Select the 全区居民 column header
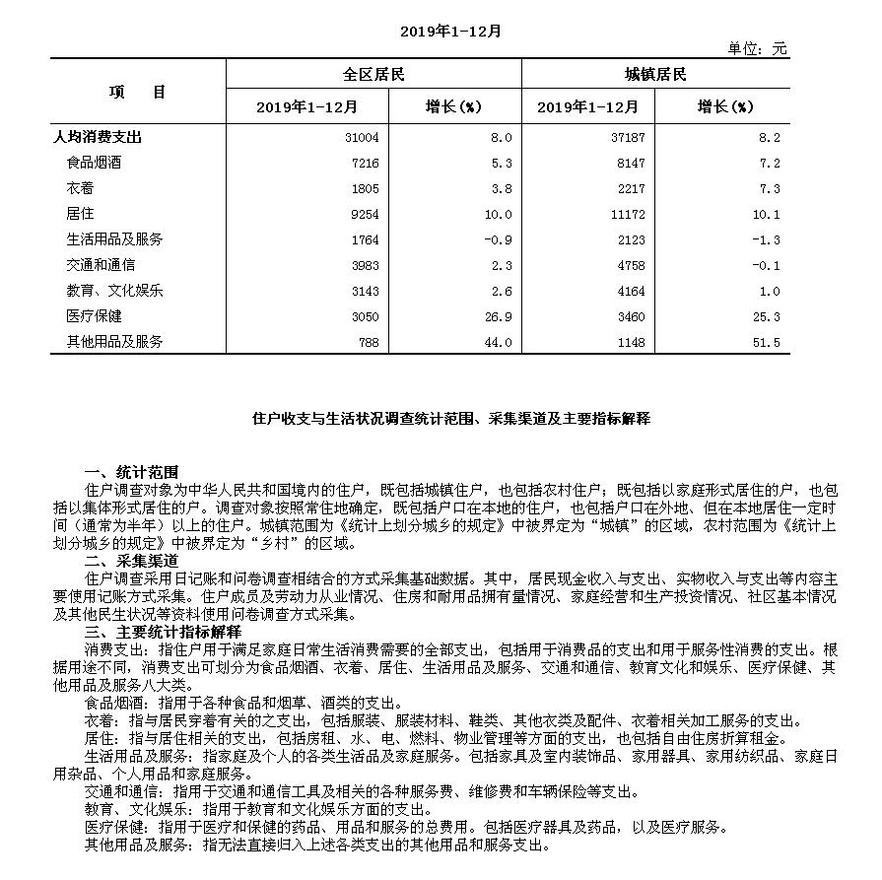click(x=373, y=75)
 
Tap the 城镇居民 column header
click(x=655, y=75)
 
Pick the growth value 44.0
click(x=496, y=342)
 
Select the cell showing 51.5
click(x=764, y=342)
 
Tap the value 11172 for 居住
click(x=627, y=214)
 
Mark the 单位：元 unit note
click(x=757, y=48)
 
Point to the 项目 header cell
click(x=138, y=92)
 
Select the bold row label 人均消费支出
click(x=98, y=137)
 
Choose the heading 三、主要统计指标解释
click(x=164, y=631)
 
